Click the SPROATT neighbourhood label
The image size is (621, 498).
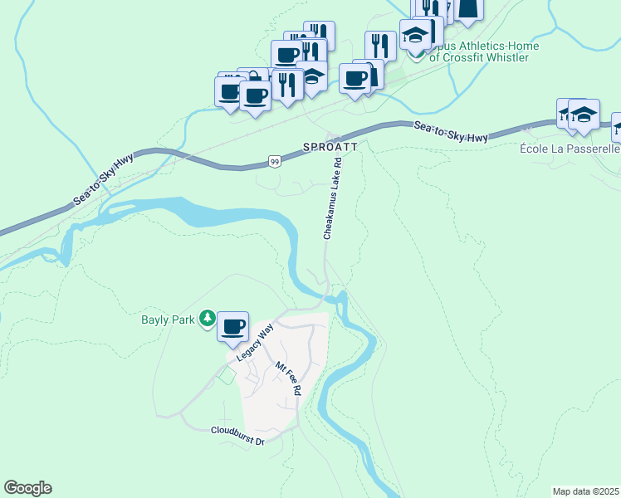tap(330, 146)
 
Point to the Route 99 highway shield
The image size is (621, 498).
tap(274, 163)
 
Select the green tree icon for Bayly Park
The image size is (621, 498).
tap(208, 318)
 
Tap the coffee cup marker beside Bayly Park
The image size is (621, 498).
tap(233, 326)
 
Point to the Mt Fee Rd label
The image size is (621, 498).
tap(287, 378)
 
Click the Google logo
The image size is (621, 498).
tap(27, 488)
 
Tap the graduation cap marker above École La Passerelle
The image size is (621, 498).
tap(584, 114)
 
